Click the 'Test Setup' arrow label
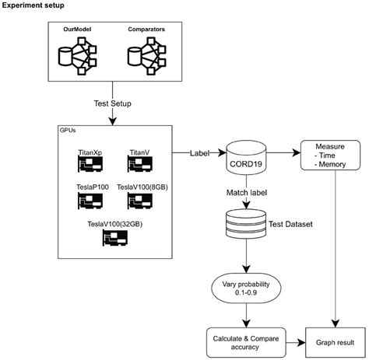[113, 101]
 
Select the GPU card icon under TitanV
[139, 164]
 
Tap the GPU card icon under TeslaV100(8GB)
[139, 201]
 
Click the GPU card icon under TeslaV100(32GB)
[115, 238]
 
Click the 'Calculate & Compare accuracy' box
[245, 341]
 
